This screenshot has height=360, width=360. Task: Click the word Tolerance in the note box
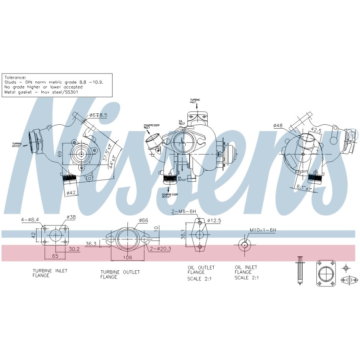coord(15,78)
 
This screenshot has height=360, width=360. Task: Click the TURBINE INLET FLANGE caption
coord(50,273)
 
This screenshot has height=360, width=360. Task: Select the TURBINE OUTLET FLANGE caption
coord(120,274)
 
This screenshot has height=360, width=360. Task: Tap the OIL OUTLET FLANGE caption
coord(201,270)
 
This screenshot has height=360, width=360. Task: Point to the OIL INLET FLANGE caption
coord(246,270)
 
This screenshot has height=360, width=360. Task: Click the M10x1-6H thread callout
coord(262,230)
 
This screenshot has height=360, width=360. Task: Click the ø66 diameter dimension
coord(143,221)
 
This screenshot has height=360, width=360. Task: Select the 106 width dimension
coord(127,257)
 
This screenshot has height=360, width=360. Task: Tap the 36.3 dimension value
coord(91,244)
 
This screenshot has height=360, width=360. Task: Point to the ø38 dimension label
coord(71,217)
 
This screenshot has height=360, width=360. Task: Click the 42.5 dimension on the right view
coord(316,130)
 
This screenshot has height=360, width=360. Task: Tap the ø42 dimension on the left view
coord(71,193)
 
